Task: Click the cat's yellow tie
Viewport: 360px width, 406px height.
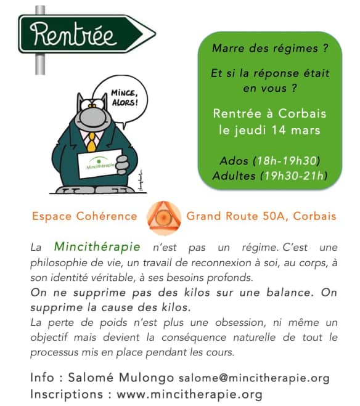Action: [91, 142]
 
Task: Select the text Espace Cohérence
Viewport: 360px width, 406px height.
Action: [84, 216]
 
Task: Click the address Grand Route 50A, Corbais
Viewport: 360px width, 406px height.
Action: [261, 216]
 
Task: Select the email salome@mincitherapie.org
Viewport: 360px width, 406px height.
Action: [254, 378]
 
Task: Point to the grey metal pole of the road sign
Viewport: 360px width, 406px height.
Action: [41, 62]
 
